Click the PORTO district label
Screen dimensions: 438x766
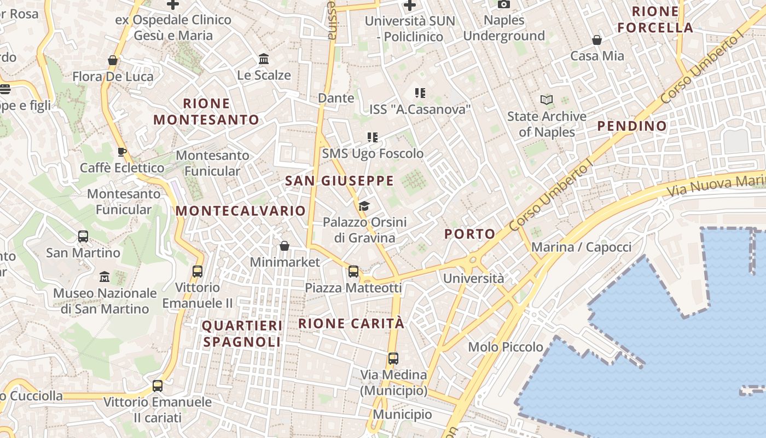pyautogui.click(x=469, y=234)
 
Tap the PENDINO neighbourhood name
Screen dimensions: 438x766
pyautogui.click(x=632, y=126)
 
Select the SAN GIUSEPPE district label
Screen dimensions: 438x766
pyautogui.click(x=339, y=181)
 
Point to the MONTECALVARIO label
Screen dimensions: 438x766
pyautogui.click(x=241, y=211)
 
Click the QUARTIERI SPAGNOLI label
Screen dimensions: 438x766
pyautogui.click(x=242, y=333)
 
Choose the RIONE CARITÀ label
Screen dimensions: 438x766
pyautogui.click(x=351, y=323)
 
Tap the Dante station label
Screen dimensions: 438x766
pyautogui.click(x=336, y=98)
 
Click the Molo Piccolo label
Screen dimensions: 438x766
pyautogui.click(x=506, y=347)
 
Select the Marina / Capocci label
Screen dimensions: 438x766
pyautogui.click(x=581, y=247)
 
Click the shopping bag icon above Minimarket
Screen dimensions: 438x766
pyautogui.click(x=285, y=246)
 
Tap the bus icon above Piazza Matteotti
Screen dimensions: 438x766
pyautogui.click(x=353, y=271)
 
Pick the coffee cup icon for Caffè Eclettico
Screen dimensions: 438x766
pyautogui.click(x=122, y=152)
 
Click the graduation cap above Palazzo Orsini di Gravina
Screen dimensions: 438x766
pyautogui.click(x=364, y=206)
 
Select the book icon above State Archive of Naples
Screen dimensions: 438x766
pyautogui.click(x=546, y=100)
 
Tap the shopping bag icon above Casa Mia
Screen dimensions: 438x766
pyautogui.click(x=597, y=40)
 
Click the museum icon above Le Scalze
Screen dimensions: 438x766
pyautogui.click(x=264, y=59)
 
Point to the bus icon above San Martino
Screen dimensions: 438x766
pyautogui.click(x=83, y=237)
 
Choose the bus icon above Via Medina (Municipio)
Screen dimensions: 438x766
pyautogui.click(x=393, y=359)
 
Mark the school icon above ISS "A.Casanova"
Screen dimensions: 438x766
pyautogui.click(x=420, y=93)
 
